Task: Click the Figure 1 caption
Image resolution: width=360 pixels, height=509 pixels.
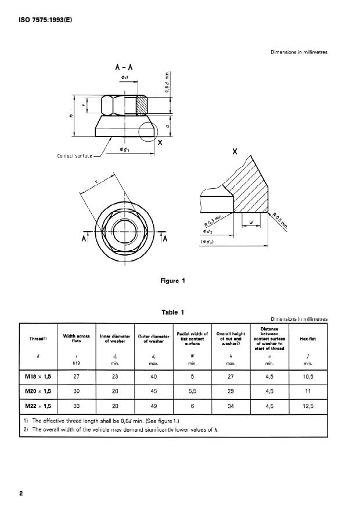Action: [173, 281]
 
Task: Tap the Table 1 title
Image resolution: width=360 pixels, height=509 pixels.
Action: [173, 312]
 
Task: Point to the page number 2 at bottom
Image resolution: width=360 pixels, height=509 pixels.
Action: [21, 494]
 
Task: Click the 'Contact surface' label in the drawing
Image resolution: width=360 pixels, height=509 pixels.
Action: [78, 155]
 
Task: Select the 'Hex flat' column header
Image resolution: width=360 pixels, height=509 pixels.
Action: [307, 338]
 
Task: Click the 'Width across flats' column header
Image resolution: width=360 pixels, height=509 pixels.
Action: [75, 338]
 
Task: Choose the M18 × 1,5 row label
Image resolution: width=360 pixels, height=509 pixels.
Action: [38, 376]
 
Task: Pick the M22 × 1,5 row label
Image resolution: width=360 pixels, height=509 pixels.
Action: [38, 406]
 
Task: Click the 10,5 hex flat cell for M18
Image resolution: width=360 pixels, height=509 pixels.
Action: [307, 376]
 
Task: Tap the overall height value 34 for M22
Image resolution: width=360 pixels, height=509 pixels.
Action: [231, 406]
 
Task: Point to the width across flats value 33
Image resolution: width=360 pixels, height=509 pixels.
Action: [75, 406]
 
